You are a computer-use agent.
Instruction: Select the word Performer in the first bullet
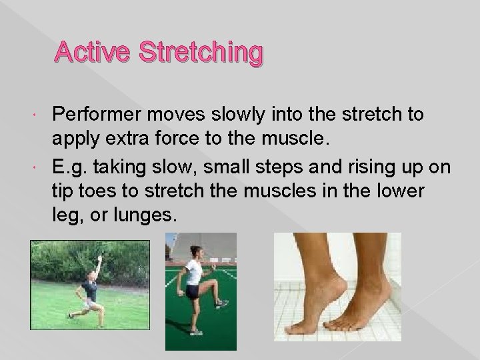(x=100, y=114)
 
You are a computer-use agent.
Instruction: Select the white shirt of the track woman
(x=194, y=273)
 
